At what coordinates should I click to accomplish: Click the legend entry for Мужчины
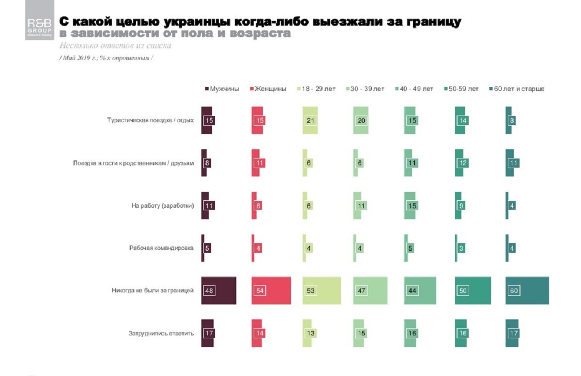pyautogui.click(x=222, y=89)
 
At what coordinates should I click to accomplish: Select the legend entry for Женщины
pyautogui.click(x=268, y=89)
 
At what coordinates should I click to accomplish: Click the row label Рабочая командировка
pyautogui.click(x=161, y=248)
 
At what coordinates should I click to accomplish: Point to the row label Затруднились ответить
pyautogui.click(x=161, y=333)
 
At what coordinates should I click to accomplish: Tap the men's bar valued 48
pyautogui.click(x=218, y=290)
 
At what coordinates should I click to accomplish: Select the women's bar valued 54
pyautogui.click(x=271, y=290)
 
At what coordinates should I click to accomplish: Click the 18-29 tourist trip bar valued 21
pyautogui.click(x=310, y=120)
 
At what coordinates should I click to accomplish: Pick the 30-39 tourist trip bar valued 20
pyautogui.click(x=361, y=120)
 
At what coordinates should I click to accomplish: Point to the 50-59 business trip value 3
pyautogui.click(x=461, y=248)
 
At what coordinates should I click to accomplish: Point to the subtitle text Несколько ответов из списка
pyautogui.click(x=115, y=46)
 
